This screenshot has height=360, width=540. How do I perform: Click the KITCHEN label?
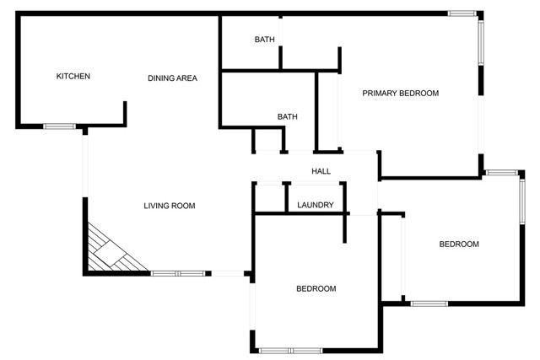pos(73,77)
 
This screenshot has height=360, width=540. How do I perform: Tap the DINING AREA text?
pos(172,78)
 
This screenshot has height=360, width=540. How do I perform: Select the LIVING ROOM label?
pos(170,206)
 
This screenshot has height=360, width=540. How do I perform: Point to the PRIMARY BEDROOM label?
pos(401,94)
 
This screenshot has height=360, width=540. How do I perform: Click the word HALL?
pos(321,171)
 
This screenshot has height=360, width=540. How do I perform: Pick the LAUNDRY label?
pos(316,205)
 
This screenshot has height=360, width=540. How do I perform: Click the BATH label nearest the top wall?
pos(265,40)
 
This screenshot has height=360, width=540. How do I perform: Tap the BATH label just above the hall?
pos(287,117)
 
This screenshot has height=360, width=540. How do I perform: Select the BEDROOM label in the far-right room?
pos(459,244)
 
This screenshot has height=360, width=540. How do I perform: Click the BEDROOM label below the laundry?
pos(316,288)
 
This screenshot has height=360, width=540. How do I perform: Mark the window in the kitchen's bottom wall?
pos(60,126)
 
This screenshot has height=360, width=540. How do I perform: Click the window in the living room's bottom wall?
pos(179,273)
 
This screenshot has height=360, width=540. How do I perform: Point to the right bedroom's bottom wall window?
pos(429,303)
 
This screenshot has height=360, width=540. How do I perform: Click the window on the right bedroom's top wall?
pos(500,173)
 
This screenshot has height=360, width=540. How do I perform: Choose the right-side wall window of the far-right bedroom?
pos(522,202)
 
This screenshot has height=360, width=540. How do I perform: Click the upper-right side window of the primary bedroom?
pos(481,42)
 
